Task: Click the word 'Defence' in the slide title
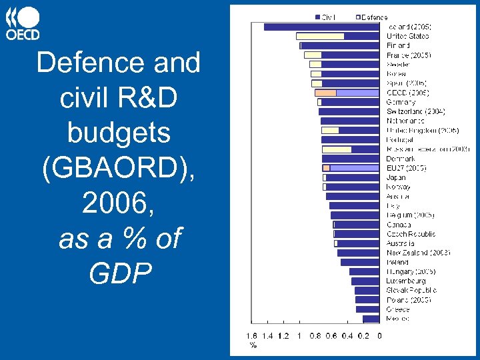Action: (x=81, y=63)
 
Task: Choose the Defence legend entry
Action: (x=372, y=17)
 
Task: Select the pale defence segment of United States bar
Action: (x=320, y=36)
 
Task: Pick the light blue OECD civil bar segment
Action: (x=358, y=93)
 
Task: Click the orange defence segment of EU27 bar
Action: (x=326, y=168)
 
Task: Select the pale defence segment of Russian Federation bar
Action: (x=336, y=149)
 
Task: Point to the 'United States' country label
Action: (x=408, y=36)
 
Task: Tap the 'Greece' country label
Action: (x=398, y=309)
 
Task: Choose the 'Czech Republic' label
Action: (x=411, y=234)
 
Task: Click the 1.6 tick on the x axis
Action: (x=251, y=336)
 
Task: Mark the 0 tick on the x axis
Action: (x=380, y=336)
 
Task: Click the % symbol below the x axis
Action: (x=253, y=345)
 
